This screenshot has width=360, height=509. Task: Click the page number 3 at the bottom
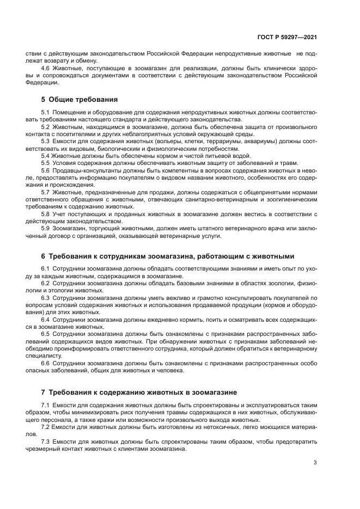(315, 463)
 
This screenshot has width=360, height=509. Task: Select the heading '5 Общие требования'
(80, 99)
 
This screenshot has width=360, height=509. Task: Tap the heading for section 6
(168, 256)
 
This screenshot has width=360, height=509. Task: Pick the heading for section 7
(139, 392)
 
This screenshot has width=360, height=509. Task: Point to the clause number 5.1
(46, 112)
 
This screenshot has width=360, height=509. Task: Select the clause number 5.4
(46, 156)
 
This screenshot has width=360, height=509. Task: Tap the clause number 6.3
(46, 298)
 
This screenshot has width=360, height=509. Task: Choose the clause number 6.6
(46, 363)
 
